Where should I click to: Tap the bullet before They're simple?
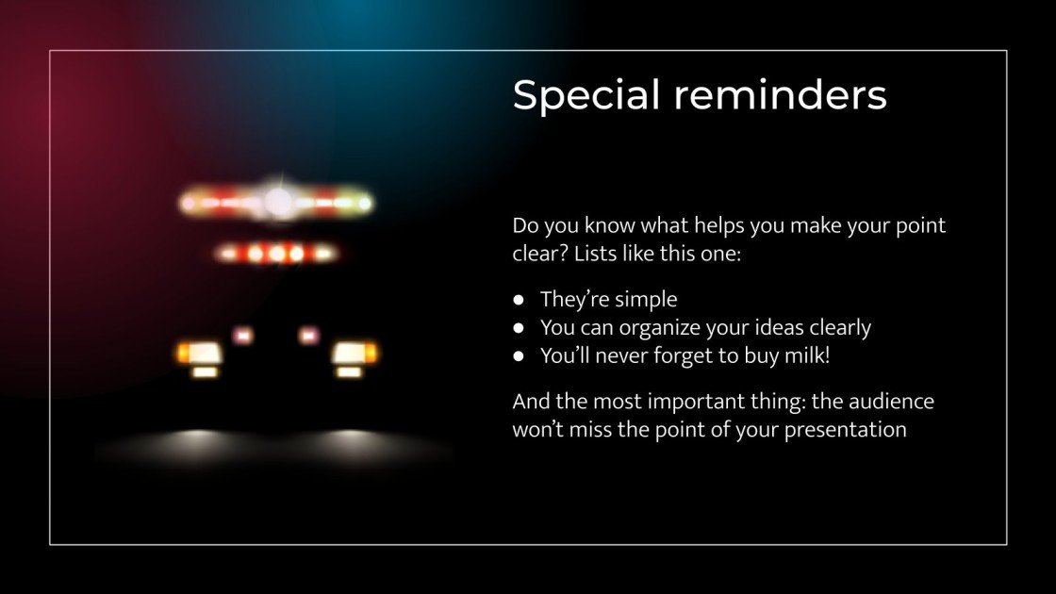(x=519, y=300)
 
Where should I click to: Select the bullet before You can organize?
(x=519, y=328)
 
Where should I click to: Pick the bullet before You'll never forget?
(x=519, y=356)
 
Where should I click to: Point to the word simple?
(x=646, y=300)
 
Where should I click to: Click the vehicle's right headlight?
(x=352, y=354)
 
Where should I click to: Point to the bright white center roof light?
(x=278, y=201)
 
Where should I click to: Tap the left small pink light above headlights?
(x=243, y=335)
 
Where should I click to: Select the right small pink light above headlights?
(x=307, y=335)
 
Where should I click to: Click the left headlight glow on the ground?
(x=198, y=438)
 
